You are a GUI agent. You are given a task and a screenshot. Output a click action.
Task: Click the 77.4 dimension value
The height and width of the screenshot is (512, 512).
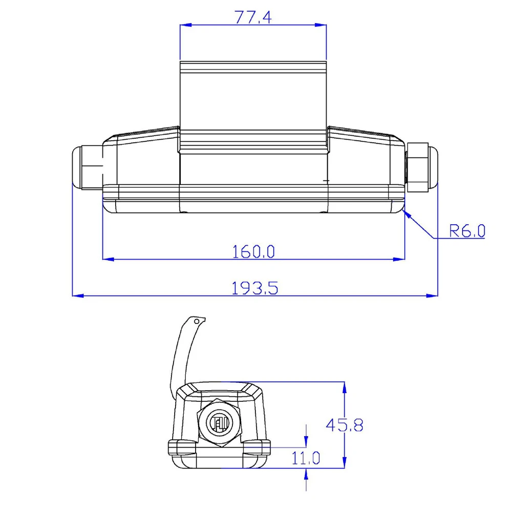253,17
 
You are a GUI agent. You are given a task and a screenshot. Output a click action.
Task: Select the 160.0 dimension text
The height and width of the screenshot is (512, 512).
253,252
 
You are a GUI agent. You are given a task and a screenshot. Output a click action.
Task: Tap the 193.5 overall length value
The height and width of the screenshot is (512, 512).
254,288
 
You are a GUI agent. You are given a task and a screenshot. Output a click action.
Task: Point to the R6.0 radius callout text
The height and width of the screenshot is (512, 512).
467,231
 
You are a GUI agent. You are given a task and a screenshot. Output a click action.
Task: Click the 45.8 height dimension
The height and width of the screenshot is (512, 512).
345,425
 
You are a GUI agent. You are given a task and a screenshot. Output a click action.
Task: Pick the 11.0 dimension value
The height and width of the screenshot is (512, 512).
306,458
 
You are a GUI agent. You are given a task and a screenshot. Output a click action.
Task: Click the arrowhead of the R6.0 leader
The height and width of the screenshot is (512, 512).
407,215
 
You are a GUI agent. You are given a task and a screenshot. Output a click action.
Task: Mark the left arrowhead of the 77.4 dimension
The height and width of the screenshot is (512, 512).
186,25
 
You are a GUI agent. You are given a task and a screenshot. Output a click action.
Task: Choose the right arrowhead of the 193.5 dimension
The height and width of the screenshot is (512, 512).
432,296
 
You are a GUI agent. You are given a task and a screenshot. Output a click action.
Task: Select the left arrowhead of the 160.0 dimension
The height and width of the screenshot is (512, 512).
109,259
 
